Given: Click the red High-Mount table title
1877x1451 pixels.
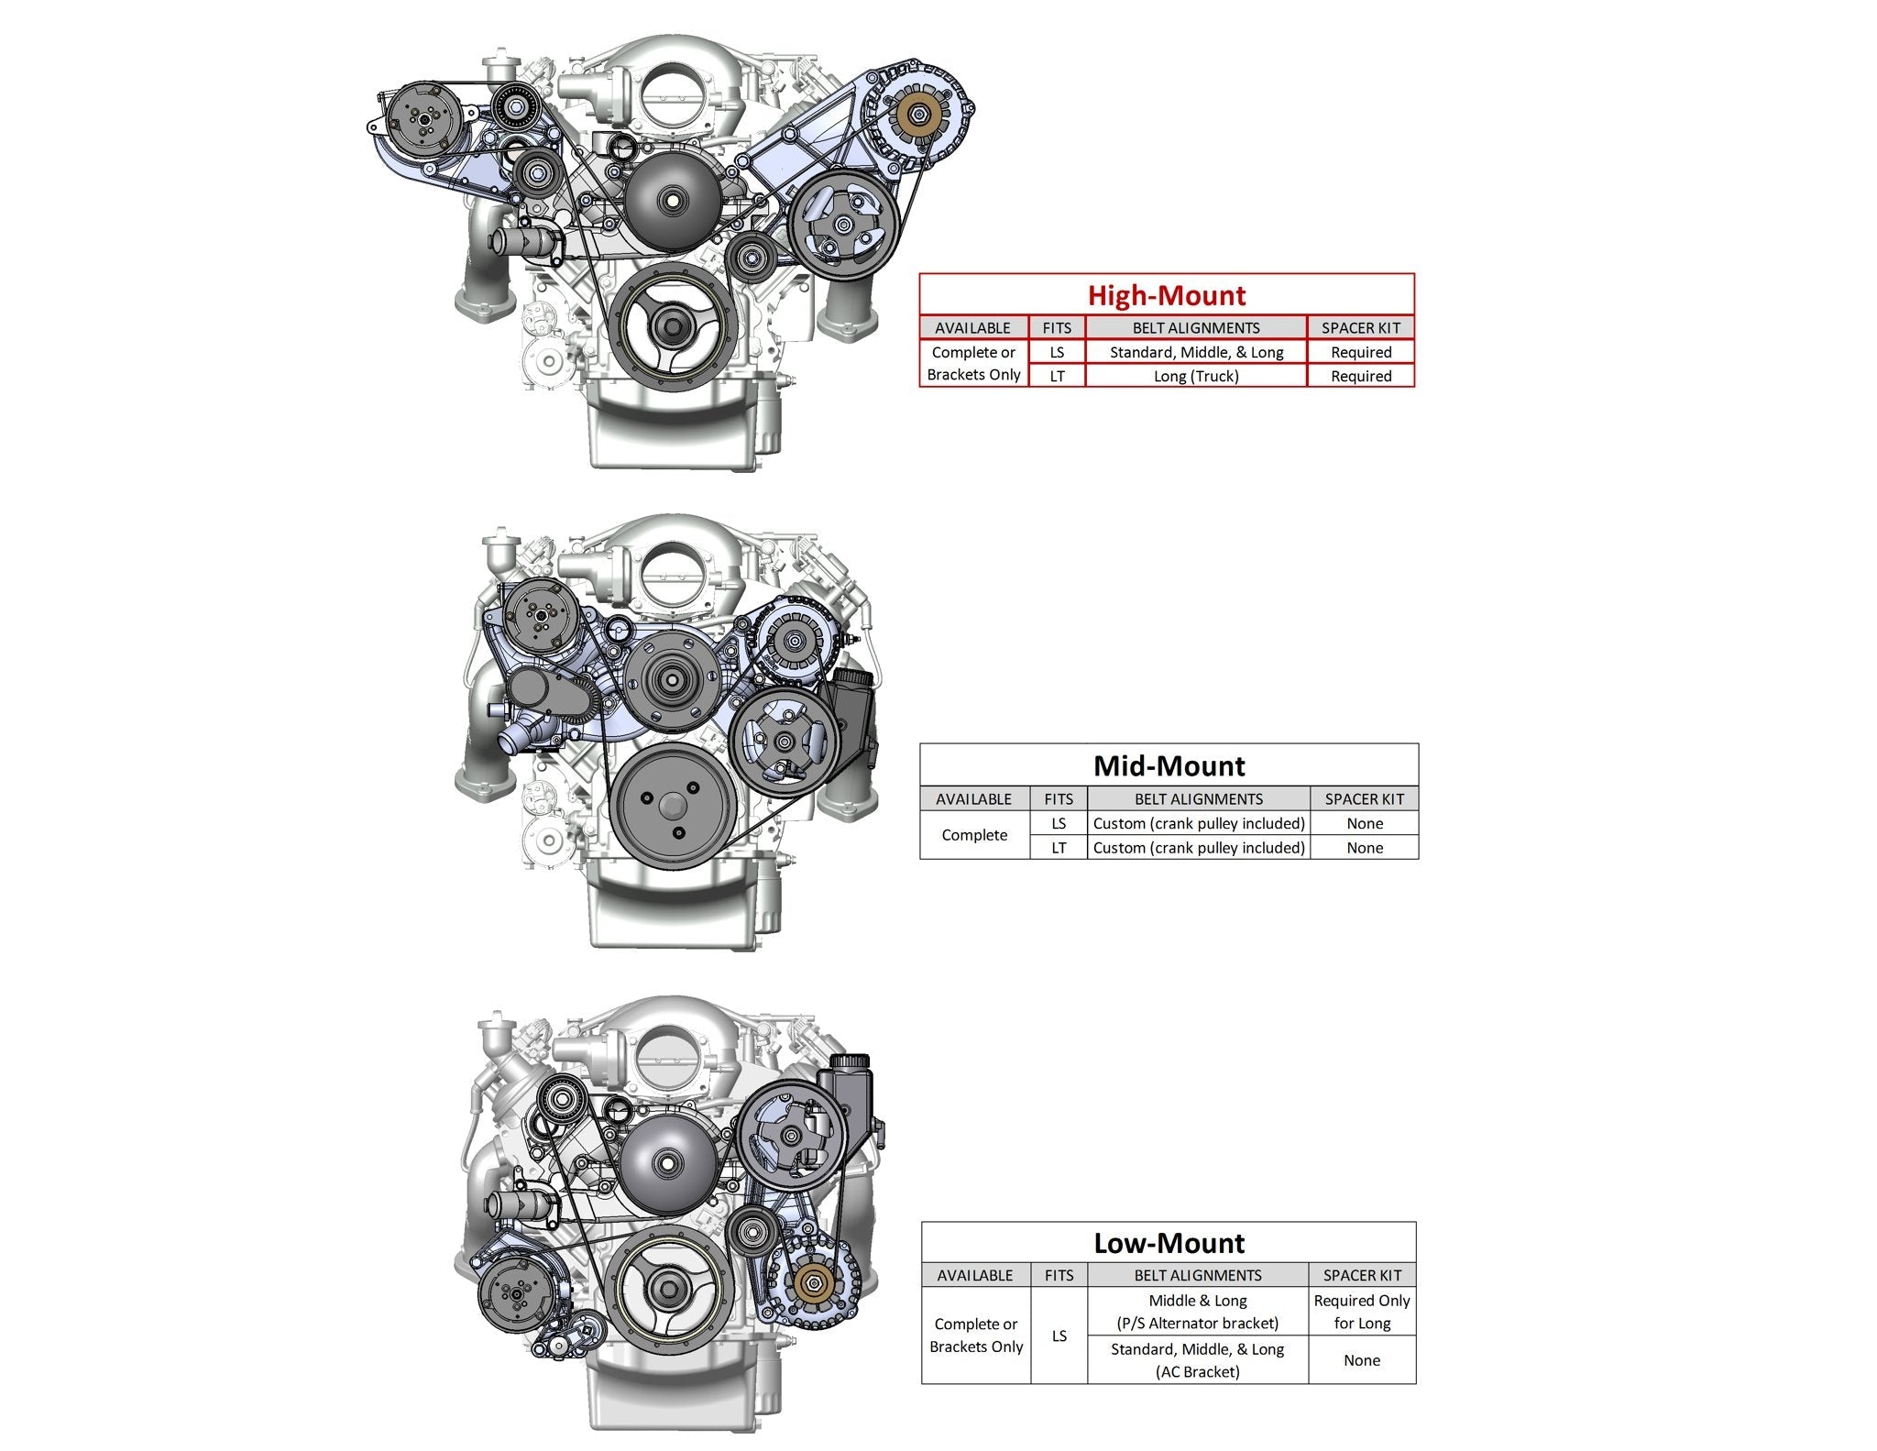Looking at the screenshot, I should click(x=1166, y=295).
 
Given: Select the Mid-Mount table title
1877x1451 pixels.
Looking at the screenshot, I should click(x=1169, y=765).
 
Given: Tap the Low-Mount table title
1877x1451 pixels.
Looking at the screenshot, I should click(x=1169, y=1243).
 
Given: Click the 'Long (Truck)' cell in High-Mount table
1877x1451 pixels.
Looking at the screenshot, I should click(x=1195, y=376).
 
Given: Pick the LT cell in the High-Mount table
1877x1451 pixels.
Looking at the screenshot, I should click(x=1057, y=376).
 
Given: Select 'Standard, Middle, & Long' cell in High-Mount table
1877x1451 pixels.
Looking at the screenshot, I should click(x=1195, y=352).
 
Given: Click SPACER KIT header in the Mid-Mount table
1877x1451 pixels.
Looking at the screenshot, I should click(x=1364, y=798).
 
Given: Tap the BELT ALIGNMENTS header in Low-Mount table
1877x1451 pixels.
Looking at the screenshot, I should click(x=1197, y=1275).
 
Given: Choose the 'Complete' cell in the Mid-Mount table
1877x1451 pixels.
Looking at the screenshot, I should click(x=974, y=835).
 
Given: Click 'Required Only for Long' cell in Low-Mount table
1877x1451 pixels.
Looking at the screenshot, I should click(x=1361, y=1312).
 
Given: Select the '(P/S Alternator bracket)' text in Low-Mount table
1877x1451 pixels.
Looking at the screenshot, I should click(x=1197, y=1323).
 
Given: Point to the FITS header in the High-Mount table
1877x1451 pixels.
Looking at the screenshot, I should click(x=1057, y=327).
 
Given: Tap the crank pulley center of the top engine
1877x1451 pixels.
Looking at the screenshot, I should click(x=673, y=326).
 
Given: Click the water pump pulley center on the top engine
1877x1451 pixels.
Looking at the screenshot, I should click(x=673, y=199).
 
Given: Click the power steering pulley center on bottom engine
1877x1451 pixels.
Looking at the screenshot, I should click(x=789, y=1137).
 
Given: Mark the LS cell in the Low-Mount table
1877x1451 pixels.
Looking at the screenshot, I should click(x=1059, y=1336).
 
